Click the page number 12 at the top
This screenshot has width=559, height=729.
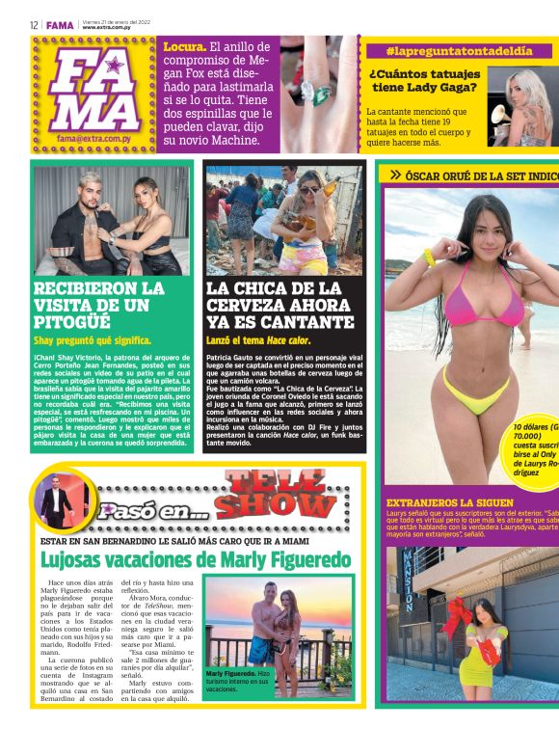pos(34,25)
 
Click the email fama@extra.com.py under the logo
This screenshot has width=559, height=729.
pos(93,139)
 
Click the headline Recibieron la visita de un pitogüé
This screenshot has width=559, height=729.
pos(98,304)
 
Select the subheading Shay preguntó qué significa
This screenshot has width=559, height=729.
pos(93,340)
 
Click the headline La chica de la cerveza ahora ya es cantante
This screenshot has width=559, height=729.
pos(279,304)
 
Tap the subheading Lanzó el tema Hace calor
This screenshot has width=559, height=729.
pos(258,340)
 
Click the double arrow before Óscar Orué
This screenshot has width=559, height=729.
pos(395,175)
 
